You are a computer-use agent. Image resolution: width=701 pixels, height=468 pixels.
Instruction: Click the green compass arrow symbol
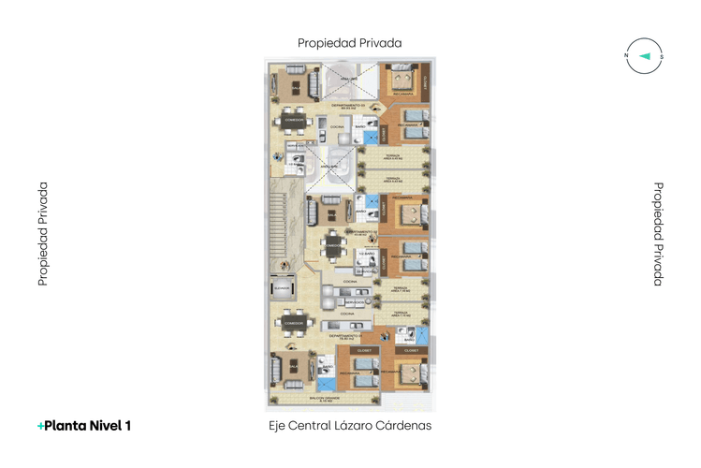pyautogui.click(x=644, y=56)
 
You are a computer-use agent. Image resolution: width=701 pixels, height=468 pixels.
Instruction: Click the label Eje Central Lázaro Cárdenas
pyautogui.click(x=350, y=426)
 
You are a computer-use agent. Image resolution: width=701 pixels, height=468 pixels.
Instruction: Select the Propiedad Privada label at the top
pyautogui.click(x=350, y=43)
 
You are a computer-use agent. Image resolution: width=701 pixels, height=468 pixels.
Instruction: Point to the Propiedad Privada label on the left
pyautogui.click(x=43, y=234)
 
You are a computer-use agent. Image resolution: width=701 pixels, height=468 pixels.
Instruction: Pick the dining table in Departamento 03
pyautogui.click(x=295, y=122)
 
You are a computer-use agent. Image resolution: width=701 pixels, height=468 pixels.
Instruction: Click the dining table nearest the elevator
pyautogui.click(x=294, y=322)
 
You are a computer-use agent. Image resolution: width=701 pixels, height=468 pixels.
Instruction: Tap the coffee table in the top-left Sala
pyautogui.click(x=296, y=88)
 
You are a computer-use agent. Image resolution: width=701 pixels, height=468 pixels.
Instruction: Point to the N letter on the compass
pyautogui.click(x=626, y=56)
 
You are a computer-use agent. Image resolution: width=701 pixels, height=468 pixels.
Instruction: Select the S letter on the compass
pyautogui.click(x=662, y=56)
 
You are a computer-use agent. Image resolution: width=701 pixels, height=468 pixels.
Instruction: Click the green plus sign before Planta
pyautogui.click(x=40, y=426)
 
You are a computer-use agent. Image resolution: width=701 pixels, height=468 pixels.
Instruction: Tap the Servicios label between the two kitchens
pyautogui.click(x=355, y=302)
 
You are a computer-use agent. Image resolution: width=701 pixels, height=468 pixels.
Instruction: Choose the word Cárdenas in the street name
pyautogui.click(x=405, y=426)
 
